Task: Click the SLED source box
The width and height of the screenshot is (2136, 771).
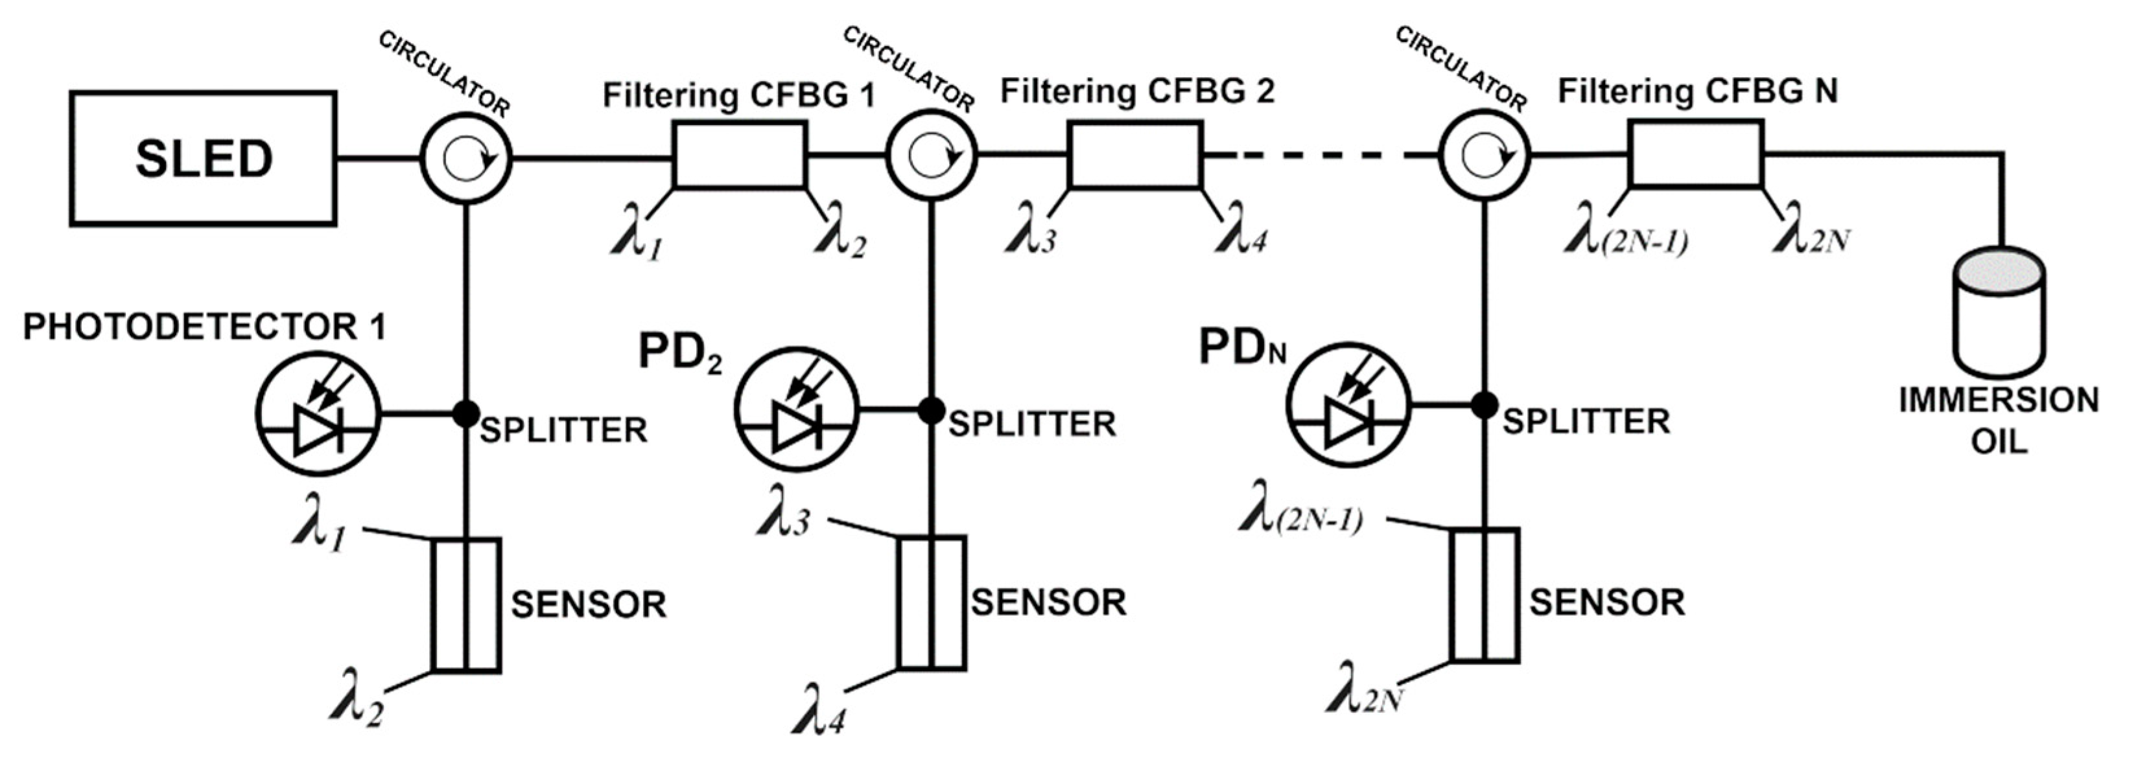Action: [203, 158]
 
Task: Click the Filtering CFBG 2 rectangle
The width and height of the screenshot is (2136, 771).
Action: [1134, 155]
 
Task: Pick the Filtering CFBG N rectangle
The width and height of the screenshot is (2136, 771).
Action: [1695, 154]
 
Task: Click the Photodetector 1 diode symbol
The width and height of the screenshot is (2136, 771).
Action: [318, 412]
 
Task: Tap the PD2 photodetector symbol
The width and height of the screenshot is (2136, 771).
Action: [797, 409]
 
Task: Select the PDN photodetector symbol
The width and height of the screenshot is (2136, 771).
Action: [1349, 406]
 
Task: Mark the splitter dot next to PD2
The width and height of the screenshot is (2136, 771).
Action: [931, 409]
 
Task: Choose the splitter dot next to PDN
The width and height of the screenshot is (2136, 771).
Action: [1485, 404]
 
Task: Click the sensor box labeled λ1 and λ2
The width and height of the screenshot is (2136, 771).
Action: [465, 604]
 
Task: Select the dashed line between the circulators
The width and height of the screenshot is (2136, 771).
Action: [1319, 155]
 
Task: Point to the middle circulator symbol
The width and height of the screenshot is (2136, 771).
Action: [931, 155]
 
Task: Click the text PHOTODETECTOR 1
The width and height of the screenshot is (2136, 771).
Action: [204, 327]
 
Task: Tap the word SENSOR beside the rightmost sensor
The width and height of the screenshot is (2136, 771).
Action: [1607, 602]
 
